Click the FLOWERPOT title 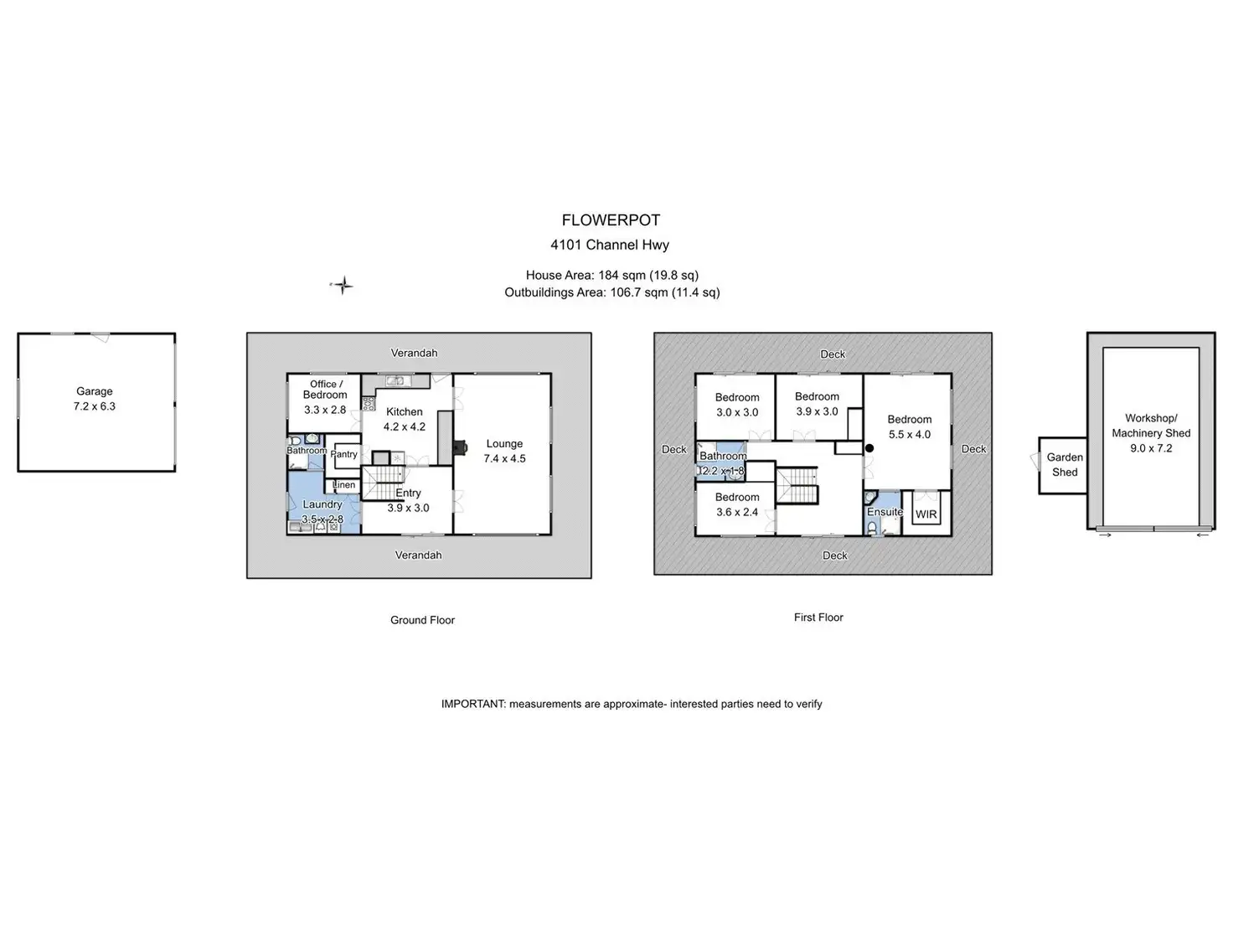pos(611,220)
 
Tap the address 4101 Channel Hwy pos(610,245)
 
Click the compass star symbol pos(342,286)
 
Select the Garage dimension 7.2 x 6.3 pos(95,406)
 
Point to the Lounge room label pos(504,444)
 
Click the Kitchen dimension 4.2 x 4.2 pos(405,426)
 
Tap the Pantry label pos(343,454)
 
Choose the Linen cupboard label pos(343,484)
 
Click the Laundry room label pos(322,504)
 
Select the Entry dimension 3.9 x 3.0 pos(409,508)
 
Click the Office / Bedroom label pos(325,390)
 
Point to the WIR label pos(926,514)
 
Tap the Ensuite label pos(885,512)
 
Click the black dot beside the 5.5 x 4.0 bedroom pos(869,448)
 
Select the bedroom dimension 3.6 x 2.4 pos(737,512)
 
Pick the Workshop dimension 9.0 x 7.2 pos(1152,448)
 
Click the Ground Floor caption pos(422,620)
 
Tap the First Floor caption pos(818,618)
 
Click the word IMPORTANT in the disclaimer pos(473,704)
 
